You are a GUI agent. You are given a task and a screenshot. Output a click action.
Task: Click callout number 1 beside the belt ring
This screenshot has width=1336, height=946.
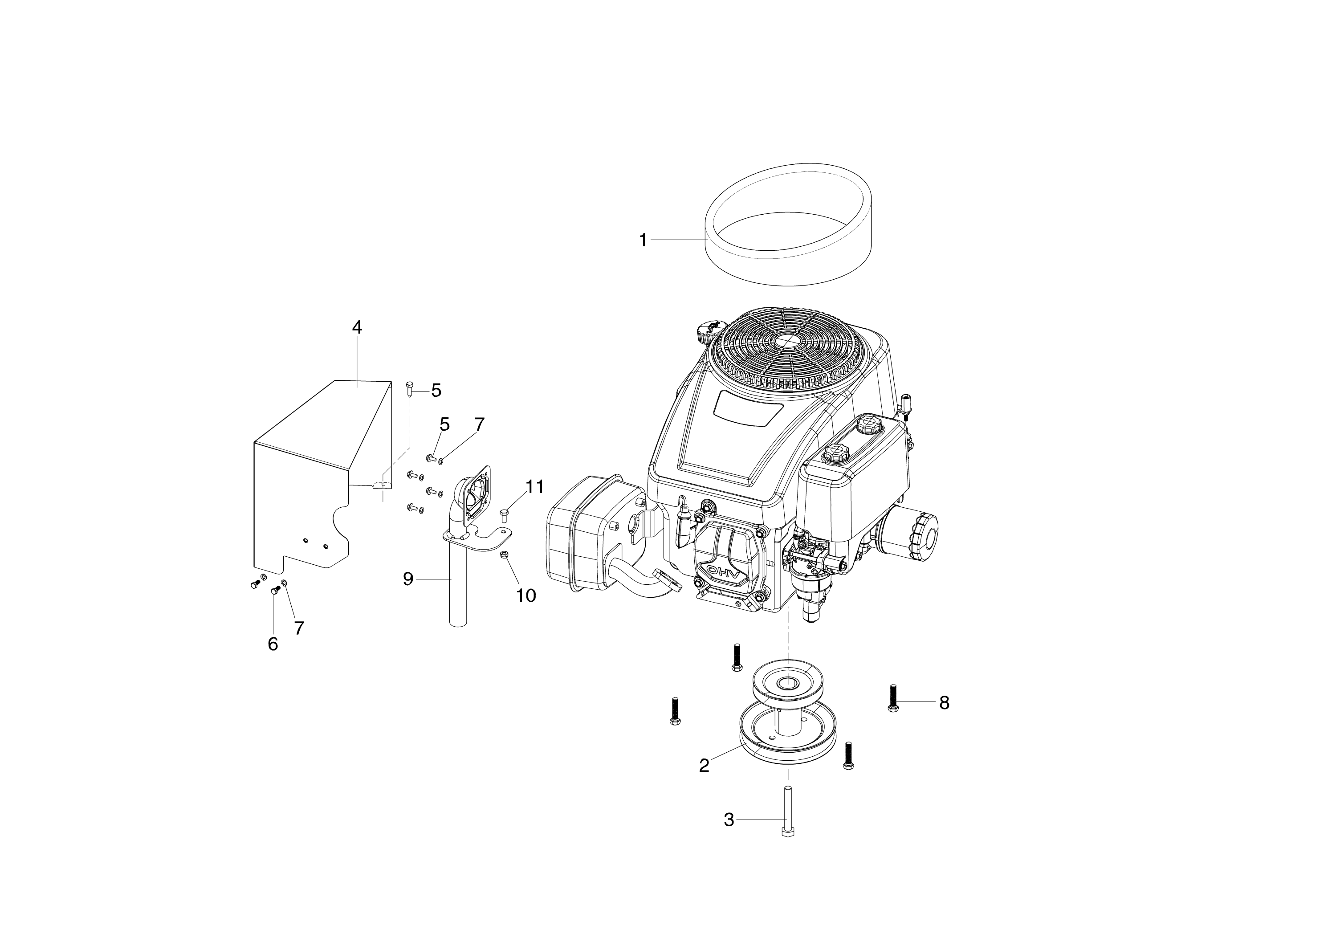tap(643, 240)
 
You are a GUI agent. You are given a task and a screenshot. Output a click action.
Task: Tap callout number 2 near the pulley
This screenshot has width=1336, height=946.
tap(704, 766)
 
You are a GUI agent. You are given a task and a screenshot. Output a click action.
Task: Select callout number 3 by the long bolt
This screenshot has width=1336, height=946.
tap(729, 820)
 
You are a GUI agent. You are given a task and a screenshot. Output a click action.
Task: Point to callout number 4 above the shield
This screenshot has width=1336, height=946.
tap(357, 327)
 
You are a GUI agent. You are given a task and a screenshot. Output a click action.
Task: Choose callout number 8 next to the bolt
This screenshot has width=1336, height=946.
tap(944, 703)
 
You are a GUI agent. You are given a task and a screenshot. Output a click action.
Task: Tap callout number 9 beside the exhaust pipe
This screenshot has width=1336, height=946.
tap(408, 579)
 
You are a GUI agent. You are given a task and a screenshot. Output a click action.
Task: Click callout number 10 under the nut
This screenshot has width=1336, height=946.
tap(526, 595)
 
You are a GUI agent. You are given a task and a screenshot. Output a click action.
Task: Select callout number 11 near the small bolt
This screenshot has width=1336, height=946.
tap(535, 486)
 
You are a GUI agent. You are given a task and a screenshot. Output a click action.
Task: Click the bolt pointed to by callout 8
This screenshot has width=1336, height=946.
tap(892, 698)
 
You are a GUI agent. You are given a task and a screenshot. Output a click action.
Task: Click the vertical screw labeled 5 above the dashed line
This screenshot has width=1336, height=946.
tap(409, 388)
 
